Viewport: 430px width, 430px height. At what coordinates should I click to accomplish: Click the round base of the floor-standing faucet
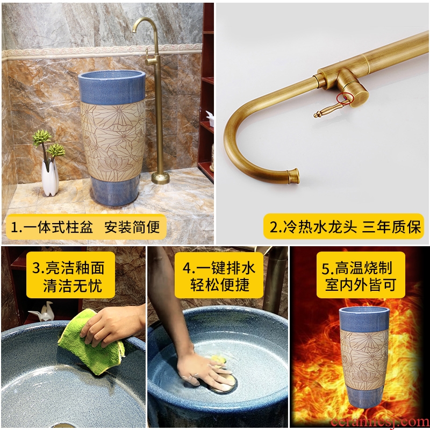coord(160,178)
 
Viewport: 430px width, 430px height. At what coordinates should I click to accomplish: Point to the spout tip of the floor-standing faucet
coord(134,30)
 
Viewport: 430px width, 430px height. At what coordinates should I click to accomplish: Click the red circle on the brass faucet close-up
coord(344,99)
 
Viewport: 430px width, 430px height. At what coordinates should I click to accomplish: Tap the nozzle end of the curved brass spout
coord(293,176)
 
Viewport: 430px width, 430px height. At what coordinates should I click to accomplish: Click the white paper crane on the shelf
coord(42,312)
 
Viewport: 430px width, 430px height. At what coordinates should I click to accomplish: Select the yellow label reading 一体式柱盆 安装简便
coord(86,227)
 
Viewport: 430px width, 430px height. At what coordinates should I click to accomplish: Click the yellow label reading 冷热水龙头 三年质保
coord(344,226)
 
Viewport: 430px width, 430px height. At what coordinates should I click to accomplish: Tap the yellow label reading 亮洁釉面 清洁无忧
coord(70,275)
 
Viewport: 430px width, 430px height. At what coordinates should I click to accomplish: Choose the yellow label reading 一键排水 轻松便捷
coord(219,275)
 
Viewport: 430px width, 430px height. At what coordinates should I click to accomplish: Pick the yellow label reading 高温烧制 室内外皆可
coord(361,275)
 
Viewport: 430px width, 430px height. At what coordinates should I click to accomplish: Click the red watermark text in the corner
coord(380,422)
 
